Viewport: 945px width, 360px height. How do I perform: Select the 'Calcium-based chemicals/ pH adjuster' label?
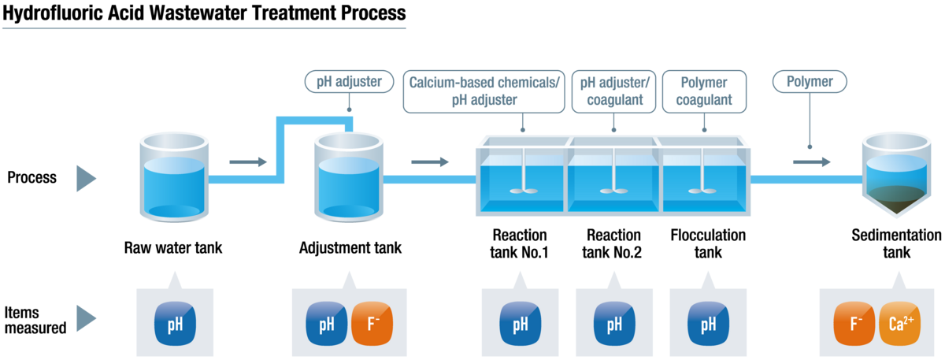(x=484, y=91)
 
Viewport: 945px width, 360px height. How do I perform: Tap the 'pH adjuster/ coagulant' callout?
(x=615, y=91)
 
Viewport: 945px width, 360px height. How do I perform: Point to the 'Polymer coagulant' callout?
(x=703, y=91)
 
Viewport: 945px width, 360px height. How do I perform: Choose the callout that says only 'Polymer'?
(x=809, y=81)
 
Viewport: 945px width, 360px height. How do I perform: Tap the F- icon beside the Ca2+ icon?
(x=855, y=323)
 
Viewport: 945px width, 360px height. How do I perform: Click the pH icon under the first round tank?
(x=175, y=323)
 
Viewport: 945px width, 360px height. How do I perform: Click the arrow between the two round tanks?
(x=249, y=162)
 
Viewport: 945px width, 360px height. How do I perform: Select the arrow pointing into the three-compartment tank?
(x=431, y=162)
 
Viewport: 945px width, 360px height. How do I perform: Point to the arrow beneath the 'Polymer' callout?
(x=812, y=162)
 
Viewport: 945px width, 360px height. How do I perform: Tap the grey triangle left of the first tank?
(x=85, y=180)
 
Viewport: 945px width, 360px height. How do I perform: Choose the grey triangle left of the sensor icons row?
(x=85, y=318)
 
